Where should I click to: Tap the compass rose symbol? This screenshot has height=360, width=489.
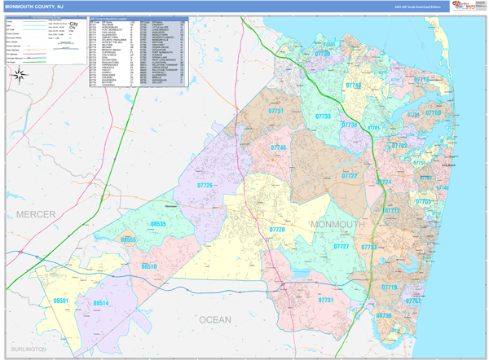point(19,75)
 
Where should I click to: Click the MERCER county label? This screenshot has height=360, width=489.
point(34,214)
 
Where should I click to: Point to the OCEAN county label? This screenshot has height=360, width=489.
point(215,320)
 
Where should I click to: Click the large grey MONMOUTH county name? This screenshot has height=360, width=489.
point(337,225)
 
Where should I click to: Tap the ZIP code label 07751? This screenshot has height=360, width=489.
point(277,111)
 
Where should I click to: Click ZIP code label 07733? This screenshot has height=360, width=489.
point(323,116)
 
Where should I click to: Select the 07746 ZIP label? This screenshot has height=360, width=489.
point(278,147)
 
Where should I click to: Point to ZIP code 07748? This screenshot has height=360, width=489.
point(353,85)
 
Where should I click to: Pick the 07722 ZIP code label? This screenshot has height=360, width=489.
point(349,176)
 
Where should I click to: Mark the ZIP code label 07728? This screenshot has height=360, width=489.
point(277,230)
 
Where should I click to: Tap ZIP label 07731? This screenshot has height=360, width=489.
point(326,301)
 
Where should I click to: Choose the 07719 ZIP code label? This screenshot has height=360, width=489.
point(390,288)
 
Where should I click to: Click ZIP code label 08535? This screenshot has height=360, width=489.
point(158,223)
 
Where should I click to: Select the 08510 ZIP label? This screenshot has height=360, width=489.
point(149,266)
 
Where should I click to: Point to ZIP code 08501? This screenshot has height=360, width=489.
point(61,301)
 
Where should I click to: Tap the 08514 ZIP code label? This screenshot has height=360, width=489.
point(101,303)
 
